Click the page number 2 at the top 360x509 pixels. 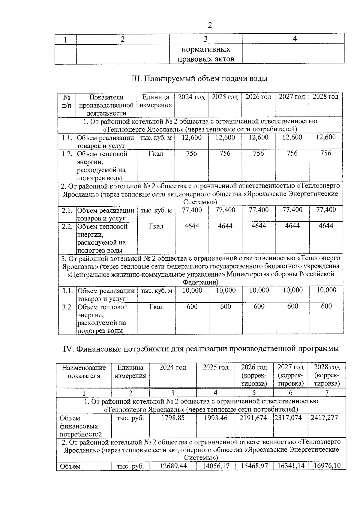point(210,25)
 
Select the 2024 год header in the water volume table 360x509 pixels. point(191,97)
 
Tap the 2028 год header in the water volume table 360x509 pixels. point(325,97)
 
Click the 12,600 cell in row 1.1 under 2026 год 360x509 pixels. point(258,137)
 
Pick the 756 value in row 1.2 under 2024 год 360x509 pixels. point(191,154)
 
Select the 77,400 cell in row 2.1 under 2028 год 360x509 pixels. point(326,210)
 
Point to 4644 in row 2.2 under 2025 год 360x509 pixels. point(225,226)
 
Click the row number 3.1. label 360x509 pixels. point(68,291)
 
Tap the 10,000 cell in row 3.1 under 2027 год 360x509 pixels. point(292,290)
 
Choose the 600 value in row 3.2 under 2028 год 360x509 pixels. point(326,306)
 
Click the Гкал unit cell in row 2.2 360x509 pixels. point(156,226)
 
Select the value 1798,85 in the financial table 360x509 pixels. point(173,418)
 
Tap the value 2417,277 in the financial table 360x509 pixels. point(326,418)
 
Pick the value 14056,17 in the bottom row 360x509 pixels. point(215,466)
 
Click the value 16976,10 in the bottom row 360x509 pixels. point(327,466)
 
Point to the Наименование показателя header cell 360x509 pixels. point(84,372)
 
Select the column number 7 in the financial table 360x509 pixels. point(327,393)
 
